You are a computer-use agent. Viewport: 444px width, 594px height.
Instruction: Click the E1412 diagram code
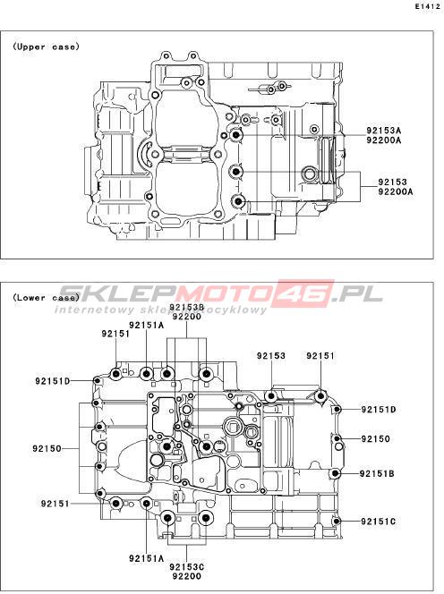(x=427, y=6)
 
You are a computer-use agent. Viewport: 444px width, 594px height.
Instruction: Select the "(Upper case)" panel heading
(x=47, y=47)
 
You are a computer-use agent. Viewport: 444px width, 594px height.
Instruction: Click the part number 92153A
(x=383, y=131)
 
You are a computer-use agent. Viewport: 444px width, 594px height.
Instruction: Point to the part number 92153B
(x=187, y=307)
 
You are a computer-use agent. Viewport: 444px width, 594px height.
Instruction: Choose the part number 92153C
(x=187, y=567)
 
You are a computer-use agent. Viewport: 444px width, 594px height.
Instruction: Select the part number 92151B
(x=377, y=473)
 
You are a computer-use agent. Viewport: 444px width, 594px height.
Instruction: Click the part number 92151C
(x=378, y=522)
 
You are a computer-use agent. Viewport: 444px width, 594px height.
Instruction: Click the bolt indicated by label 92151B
(x=335, y=473)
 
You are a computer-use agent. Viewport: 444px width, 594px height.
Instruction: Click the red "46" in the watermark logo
(x=305, y=293)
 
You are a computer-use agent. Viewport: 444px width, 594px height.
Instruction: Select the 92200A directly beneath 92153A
(x=383, y=140)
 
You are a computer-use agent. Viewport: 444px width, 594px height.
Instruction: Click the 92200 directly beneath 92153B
(x=186, y=317)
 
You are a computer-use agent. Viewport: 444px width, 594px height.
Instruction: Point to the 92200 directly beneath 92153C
(x=186, y=577)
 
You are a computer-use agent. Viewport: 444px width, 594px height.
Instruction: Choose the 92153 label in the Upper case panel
(x=392, y=182)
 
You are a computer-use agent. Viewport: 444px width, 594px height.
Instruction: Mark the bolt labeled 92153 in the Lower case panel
(x=270, y=396)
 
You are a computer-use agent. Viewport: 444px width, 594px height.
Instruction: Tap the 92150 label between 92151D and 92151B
(x=375, y=438)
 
